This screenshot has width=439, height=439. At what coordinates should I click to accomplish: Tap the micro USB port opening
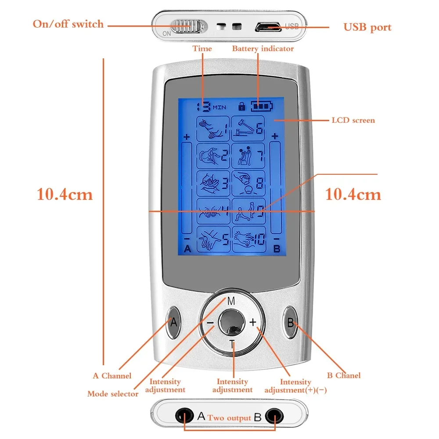[x=268, y=27]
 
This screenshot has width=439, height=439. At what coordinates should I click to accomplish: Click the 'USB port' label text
[x=367, y=27]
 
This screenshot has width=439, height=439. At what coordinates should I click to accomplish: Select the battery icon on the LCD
[x=262, y=106]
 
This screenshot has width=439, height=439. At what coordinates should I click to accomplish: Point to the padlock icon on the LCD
[x=241, y=106]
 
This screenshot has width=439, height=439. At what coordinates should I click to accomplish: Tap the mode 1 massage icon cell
[x=213, y=129]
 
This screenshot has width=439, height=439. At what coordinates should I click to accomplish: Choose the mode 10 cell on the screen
[x=248, y=239]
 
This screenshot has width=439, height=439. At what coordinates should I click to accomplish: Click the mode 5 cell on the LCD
[x=213, y=239]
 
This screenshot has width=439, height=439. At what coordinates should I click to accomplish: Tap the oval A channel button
[x=173, y=322]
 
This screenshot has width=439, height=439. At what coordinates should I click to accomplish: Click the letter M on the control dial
[x=231, y=301]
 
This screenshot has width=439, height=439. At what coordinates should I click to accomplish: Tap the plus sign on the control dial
[x=253, y=322]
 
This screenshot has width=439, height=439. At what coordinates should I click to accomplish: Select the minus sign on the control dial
[x=210, y=323]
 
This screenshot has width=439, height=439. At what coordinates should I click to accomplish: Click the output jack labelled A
[x=184, y=415]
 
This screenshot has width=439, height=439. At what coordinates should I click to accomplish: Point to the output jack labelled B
[x=274, y=416]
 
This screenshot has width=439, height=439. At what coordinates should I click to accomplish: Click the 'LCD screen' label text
[x=353, y=120]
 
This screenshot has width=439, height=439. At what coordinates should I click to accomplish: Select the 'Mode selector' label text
[x=113, y=394]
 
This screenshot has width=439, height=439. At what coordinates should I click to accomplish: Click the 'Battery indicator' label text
[x=263, y=49]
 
